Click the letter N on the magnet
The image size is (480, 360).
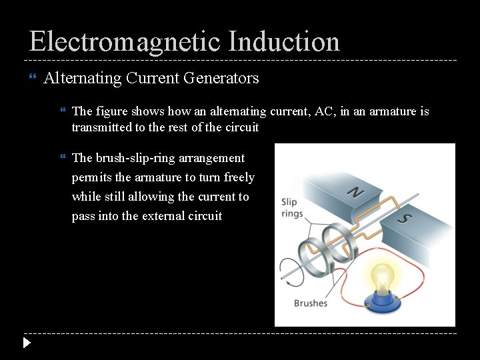(357, 193)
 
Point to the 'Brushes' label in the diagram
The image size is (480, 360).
(311, 303)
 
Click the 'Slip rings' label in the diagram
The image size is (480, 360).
(292, 207)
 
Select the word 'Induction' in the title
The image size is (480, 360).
(284, 41)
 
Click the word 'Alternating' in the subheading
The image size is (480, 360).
(81, 78)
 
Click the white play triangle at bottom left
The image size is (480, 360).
(26, 343)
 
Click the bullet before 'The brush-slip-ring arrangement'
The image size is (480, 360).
(63, 159)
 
